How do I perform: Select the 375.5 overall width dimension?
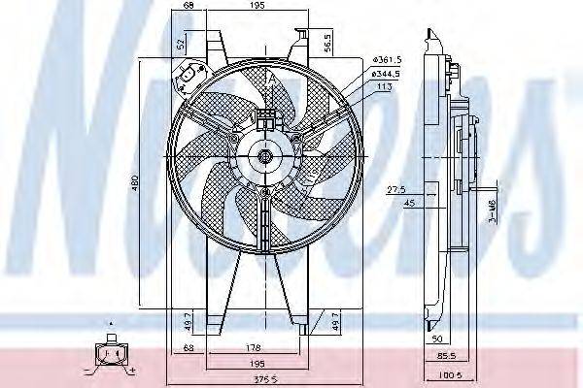click(x=254, y=379)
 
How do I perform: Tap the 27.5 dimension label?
click(x=394, y=189)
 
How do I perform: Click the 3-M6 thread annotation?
click(x=492, y=207)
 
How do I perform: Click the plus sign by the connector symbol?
click(x=131, y=372)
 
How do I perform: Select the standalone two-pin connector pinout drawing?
click(x=110, y=355)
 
